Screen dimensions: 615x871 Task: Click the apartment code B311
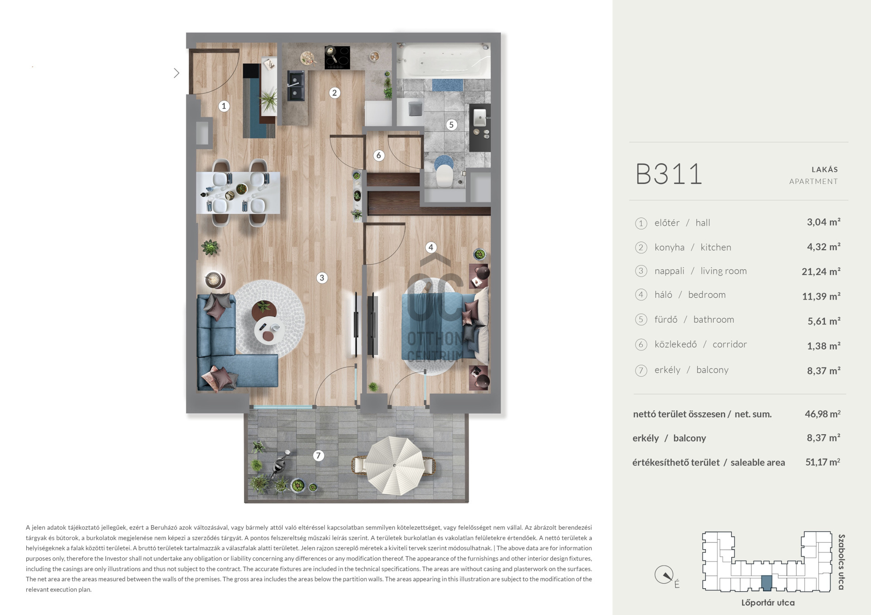669,174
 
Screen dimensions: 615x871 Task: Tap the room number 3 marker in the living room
322,278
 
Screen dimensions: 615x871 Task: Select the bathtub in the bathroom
443,61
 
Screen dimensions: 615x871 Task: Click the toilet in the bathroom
443,176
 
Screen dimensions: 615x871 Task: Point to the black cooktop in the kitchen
337,58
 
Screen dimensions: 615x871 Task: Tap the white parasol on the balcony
395,466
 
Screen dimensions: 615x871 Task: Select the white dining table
238,193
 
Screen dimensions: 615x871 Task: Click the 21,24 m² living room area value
821,271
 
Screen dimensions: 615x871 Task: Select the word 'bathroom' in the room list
713,320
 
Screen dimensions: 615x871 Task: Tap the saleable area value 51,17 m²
822,462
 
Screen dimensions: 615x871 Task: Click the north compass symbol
665,575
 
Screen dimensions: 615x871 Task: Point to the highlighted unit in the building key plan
766,583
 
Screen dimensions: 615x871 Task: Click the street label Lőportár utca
768,603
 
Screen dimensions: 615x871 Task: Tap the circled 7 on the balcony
318,455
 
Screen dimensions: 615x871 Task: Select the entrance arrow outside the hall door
176,73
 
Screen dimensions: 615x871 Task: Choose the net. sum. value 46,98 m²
822,414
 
